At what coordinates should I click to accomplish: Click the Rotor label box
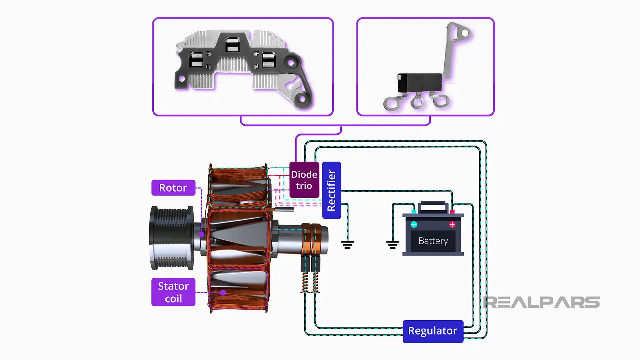coord(173,188)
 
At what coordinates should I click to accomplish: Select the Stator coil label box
coord(173,292)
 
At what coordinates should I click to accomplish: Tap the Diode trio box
coord(304,180)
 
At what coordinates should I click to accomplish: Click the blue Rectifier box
coord(331,190)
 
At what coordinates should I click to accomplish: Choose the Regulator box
coord(433,331)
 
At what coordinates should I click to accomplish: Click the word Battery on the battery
coord(433,241)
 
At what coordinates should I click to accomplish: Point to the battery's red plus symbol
coord(452,225)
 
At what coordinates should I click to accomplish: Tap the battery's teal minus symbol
coord(414,225)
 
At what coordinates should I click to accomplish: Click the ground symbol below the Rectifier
coord(347,245)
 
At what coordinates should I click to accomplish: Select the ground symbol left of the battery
coord(392,245)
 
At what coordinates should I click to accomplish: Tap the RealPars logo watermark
coord(541,302)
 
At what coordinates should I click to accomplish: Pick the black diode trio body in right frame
coord(419,82)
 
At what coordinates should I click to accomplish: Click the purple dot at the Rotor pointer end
coord(201,234)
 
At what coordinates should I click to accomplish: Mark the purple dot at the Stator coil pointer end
coord(223,293)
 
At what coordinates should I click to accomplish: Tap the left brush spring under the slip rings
coord(305,282)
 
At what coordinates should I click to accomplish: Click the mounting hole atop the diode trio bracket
coord(465,33)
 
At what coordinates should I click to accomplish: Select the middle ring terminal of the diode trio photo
coord(416,102)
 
